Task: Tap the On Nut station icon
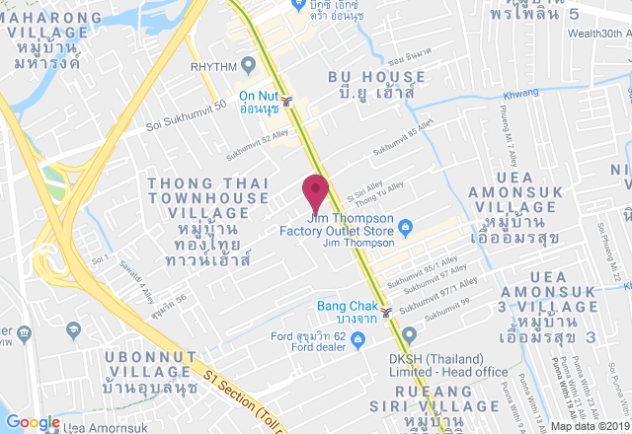pyautogui.click(x=286, y=101)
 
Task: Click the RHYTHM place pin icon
pyautogui.click(x=248, y=66)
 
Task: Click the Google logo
pyautogui.click(x=32, y=422)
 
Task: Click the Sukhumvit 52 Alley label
pyautogui.click(x=260, y=148)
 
